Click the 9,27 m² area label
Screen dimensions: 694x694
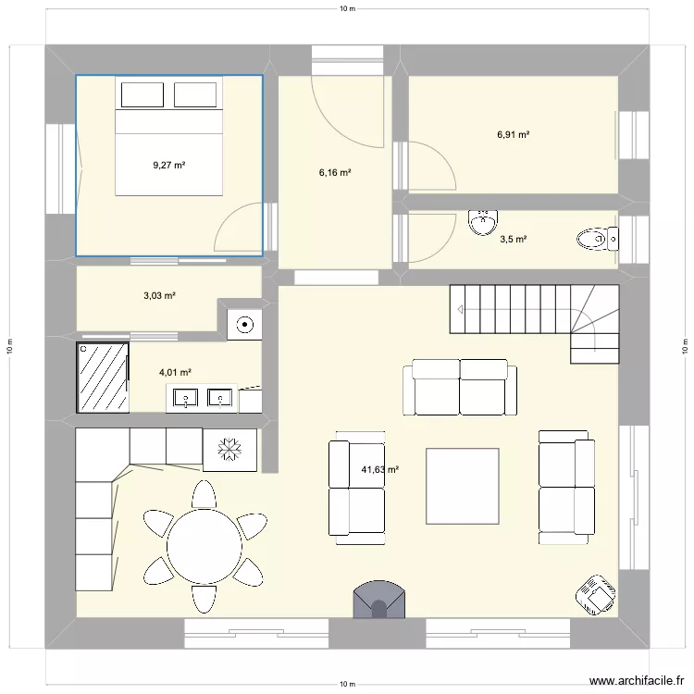[x=168, y=166]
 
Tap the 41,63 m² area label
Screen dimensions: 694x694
[x=379, y=470]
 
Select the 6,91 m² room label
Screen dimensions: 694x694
[x=513, y=134]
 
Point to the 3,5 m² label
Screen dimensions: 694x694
[x=514, y=240]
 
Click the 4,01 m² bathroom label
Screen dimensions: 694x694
[x=175, y=373]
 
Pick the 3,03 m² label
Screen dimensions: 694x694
[x=159, y=296]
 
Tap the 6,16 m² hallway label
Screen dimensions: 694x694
[x=334, y=172]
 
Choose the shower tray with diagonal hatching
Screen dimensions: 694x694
[x=103, y=377]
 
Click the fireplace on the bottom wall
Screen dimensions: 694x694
[x=378, y=601]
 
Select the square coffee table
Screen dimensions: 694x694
[x=462, y=486]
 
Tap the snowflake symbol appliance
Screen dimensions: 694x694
[x=229, y=450]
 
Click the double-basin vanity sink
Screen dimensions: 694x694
[x=201, y=399]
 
